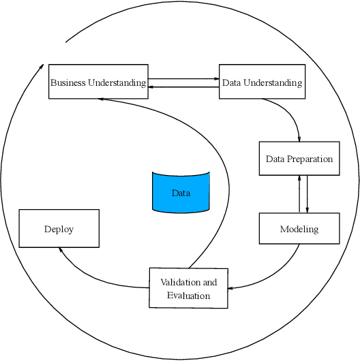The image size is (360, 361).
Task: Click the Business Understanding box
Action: tap(98, 82)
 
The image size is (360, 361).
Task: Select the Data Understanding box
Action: tap(262, 82)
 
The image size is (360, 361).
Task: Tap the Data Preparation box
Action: tap(299, 159)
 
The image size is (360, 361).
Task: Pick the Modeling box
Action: tap(299, 229)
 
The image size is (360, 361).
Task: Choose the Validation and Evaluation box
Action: tap(188, 288)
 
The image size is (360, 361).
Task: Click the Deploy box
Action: tap(59, 229)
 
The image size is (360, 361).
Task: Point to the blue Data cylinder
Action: tap(181, 192)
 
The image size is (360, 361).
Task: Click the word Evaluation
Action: tap(188, 296)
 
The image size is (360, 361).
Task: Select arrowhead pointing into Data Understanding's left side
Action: tap(215, 78)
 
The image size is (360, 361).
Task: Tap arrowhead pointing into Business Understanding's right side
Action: tap(151, 87)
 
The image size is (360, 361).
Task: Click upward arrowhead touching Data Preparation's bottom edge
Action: tap(299, 178)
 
